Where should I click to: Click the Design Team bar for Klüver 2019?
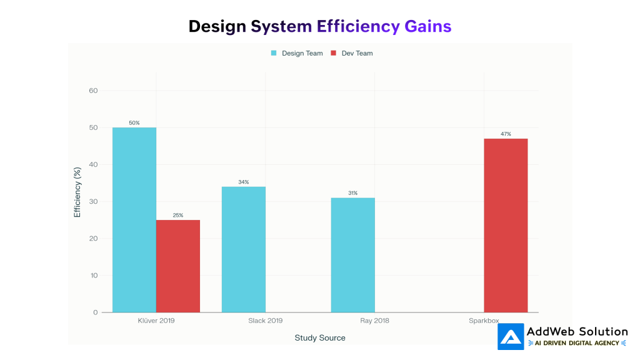point(134,219)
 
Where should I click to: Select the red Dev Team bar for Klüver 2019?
point(178,266)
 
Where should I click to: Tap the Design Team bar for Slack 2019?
point(244,249)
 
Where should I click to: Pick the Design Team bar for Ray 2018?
point(353,255)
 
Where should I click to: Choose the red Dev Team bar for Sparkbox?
point(506,225)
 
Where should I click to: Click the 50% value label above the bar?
point(134,122)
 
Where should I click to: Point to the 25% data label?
point(178,215)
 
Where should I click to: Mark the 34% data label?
point(244,182)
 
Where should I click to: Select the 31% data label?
point(353,193)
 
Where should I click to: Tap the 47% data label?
point(506,134)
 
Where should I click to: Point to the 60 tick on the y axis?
point(94,91)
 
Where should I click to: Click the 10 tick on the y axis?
point(94,276)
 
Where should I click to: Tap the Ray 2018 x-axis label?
point(375,321)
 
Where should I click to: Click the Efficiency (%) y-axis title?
point(77,192)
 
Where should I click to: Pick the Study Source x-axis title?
point(320,337)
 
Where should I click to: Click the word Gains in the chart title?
point(427,26)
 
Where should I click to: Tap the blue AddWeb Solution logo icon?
point(511,337)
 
